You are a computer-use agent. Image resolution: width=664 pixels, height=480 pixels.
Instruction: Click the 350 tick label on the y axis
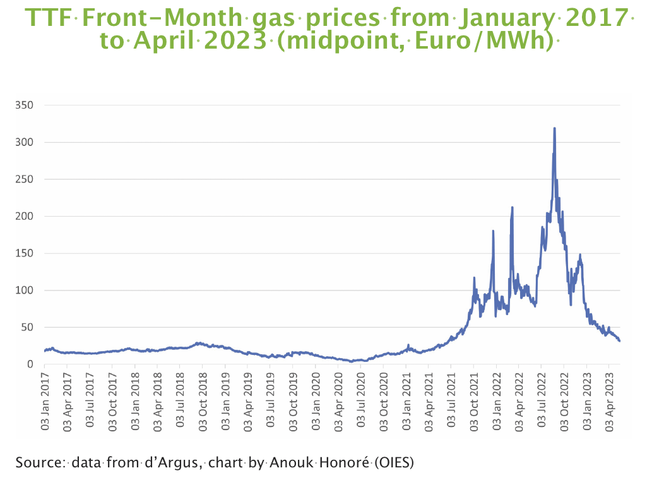pos(23,105)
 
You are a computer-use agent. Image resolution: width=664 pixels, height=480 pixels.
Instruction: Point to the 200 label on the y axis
pos(23,216)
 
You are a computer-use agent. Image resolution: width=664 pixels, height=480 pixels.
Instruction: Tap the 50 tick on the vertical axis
pos(26,327)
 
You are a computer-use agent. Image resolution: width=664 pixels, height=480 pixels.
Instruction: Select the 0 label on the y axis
pos(29,364)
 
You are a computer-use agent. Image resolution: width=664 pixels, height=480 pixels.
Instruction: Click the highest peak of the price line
pos(554,128)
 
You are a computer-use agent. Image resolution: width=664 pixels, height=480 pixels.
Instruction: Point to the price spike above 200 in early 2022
pos(512,207)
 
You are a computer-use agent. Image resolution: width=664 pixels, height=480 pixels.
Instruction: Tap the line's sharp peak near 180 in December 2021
pos(493,231)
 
